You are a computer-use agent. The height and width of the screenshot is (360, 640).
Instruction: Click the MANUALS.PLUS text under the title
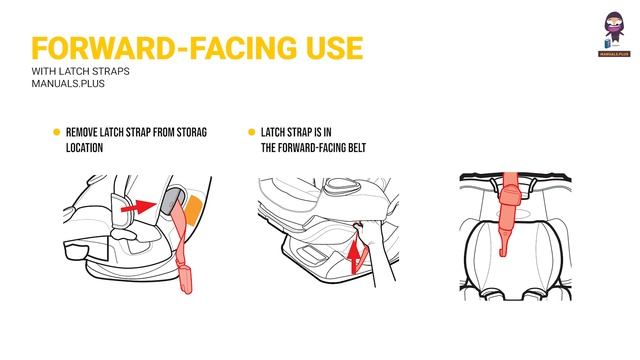tap(67, 85)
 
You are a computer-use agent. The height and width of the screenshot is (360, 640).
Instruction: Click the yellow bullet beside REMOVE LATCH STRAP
tap(55, 132)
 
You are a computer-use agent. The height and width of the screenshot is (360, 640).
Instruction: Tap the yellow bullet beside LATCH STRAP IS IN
tap(250, 132)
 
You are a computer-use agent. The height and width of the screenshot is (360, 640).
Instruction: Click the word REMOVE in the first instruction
tap(81, 132)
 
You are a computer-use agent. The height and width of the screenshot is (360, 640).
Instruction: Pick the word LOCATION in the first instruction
tap(85, 148)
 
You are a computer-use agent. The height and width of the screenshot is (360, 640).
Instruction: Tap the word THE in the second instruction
tap(269, 148)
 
